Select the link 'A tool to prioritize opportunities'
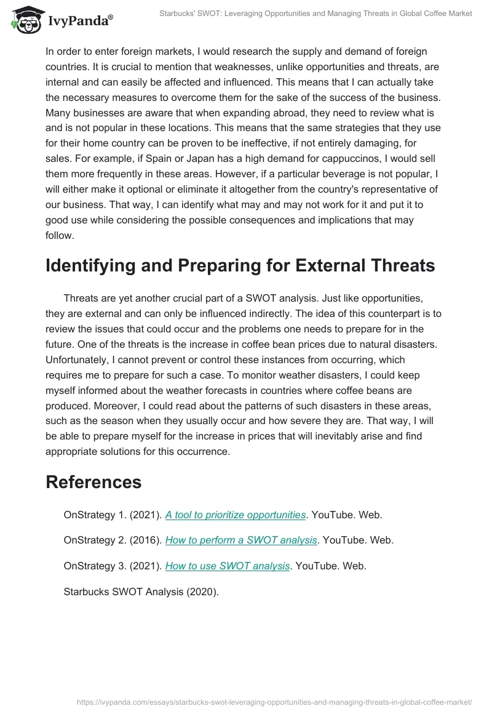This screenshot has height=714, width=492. (x=236, y=515)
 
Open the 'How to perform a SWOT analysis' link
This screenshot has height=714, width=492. (x=241, y=540)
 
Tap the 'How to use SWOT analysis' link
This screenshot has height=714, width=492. (x=228, y=566)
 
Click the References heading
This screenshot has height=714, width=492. (x=93, y=481)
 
